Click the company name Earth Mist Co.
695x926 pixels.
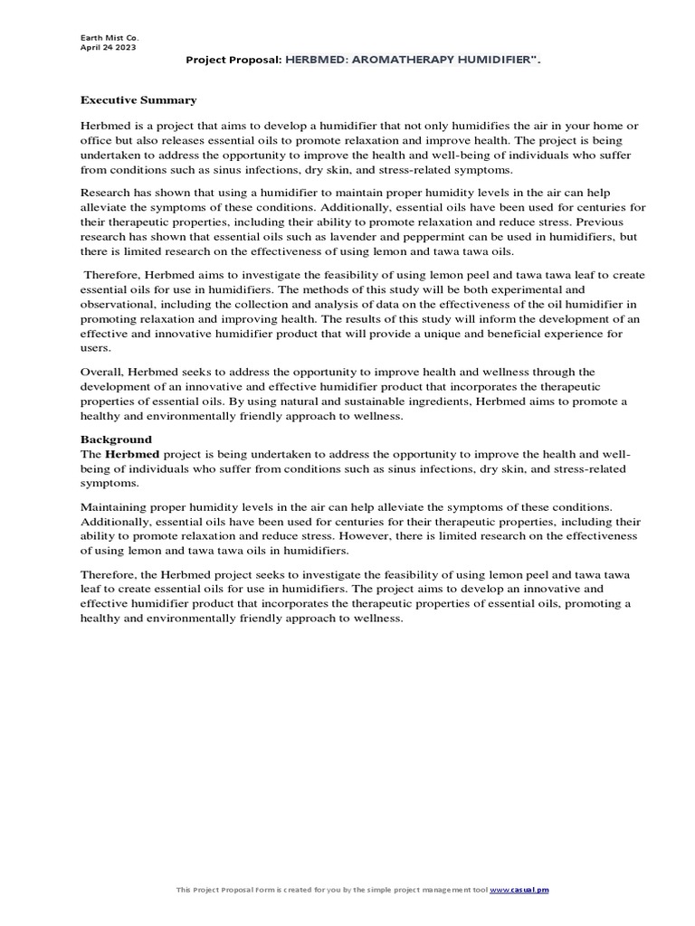click(x=105, y=37)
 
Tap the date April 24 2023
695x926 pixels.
click(x=108, y=47)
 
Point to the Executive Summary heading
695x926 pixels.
click(x=138, y=99)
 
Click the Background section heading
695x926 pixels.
click(x=116, y=439)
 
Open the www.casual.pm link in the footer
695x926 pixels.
click(x=519, y=891)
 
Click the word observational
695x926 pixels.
click(x=122, y=304)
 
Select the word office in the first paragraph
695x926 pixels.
click(x=97, y=140)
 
